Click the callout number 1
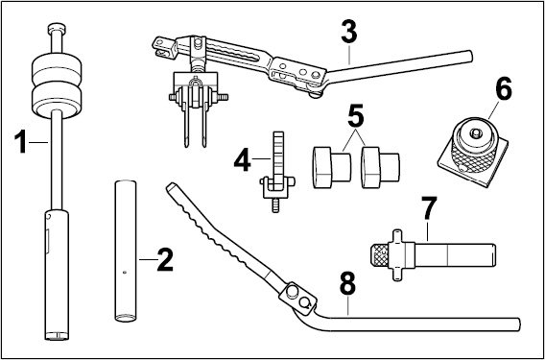[x=20, y=142]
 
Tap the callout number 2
[x=165, y=260]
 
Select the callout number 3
[x=349, y=32]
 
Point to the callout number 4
[x=242, y=160]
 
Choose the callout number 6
[x=504, y=88]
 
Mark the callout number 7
[x=428, y=207]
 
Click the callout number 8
[x=348, y=283]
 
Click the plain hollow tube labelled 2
[x=126, y=251]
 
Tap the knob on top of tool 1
[x=57, y=29]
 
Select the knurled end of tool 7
[x=380, y=255]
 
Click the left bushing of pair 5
[x=332, y=167]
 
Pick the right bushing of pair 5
[x=380, y=167]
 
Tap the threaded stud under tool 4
[x=275, y=205]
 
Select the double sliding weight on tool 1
[x=57, y=85]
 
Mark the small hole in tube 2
[x=125, y=273]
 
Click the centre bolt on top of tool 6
[x=475, y=132]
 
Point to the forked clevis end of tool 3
[x=163, y=47]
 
